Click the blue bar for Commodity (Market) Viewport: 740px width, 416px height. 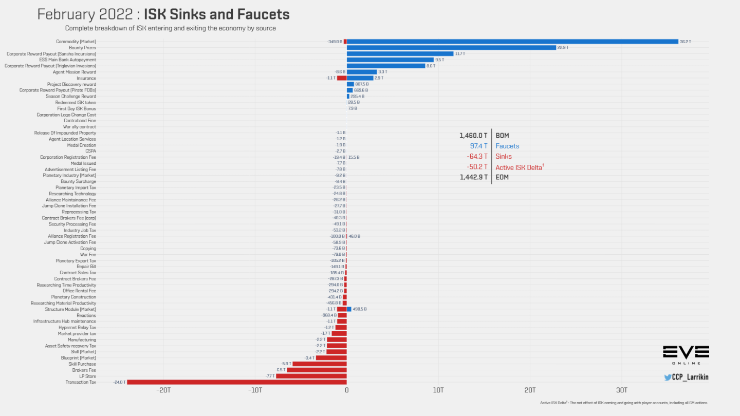click(512, 42)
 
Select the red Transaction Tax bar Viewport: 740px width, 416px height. click(237, 382)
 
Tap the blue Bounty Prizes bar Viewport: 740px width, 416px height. click(451, 48)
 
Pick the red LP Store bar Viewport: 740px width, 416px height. click(311, 376)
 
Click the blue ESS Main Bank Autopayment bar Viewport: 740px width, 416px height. click(390, 60)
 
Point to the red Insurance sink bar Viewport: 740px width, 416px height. click(342, 78)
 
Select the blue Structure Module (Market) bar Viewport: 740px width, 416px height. click(349, 309)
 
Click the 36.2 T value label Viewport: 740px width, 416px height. click(686, 42)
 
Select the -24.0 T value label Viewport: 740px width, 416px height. click(119, 382)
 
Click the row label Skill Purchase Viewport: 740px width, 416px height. click(82, 364)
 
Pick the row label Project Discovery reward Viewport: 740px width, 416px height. click(71, 84)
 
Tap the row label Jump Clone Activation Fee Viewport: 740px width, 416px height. click(70, 242)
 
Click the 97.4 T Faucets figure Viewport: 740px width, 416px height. click(478, 146)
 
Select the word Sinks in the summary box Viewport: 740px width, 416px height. click(504, 157)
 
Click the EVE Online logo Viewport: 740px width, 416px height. click(686, 355)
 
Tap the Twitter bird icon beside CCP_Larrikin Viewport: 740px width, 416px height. click(668, 377)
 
